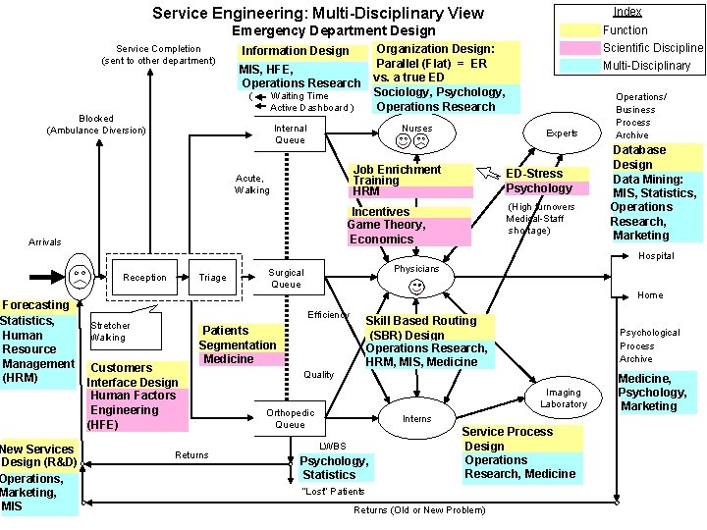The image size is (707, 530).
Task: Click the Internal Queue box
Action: tap(290, 134)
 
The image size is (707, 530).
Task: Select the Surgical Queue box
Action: tap(286, 279)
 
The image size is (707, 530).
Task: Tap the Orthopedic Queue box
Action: tap(290, 418)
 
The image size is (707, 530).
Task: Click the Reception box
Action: tap(143, 278)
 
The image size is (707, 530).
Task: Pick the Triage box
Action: tap(212, 278)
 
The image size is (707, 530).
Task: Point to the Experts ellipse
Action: tap(562, 132)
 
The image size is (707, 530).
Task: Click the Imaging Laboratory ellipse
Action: tap(563, 397)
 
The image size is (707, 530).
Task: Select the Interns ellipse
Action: tap(416, 419)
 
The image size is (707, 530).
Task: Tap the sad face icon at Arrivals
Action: tap(79, 277)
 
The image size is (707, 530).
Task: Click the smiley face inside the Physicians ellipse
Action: tap(416, 287)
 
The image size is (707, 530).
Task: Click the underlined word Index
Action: tap(626, 12)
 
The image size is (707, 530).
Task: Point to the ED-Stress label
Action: tap(534, 174)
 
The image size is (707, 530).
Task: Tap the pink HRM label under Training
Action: tap(366, 192)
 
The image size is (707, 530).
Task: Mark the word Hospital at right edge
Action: tap(656, 256)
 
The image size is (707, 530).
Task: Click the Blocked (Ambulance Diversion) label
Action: tap(96, 124)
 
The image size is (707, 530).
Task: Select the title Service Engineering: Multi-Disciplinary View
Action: tap(318, 13)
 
